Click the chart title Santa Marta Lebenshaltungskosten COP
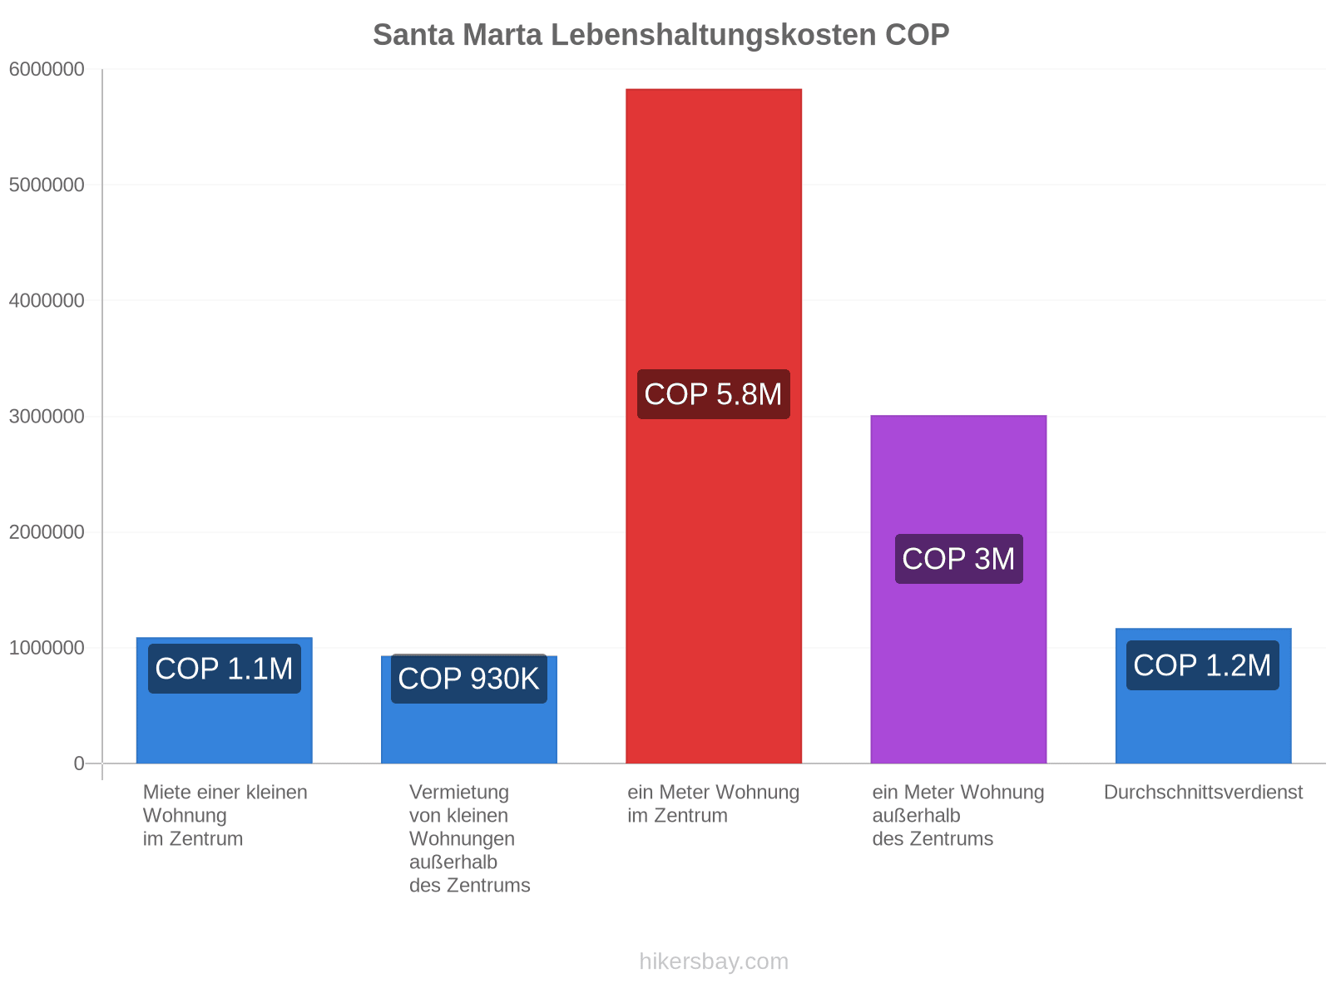661,35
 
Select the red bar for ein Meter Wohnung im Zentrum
714,426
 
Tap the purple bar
958,589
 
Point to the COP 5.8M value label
714,394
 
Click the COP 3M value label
958,559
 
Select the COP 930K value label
468,679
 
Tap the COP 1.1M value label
225,669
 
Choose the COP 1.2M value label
1203,665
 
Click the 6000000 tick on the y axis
47,69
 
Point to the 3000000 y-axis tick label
47,417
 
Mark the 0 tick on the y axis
79,763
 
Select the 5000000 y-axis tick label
47,185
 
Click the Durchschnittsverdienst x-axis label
1203,793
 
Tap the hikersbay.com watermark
714,961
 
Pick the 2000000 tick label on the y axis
47,532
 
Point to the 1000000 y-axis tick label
47,648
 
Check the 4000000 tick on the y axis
47,300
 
